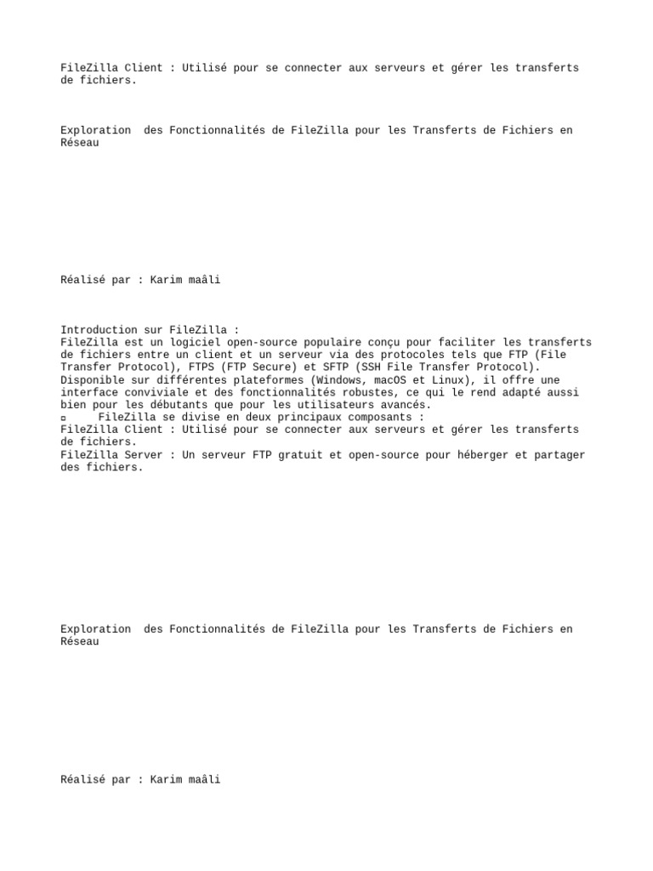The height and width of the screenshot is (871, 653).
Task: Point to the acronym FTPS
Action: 202,367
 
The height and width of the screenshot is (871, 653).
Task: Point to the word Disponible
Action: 93,379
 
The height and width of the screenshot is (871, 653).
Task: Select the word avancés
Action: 403,405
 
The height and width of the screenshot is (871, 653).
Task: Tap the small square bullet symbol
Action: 64,418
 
